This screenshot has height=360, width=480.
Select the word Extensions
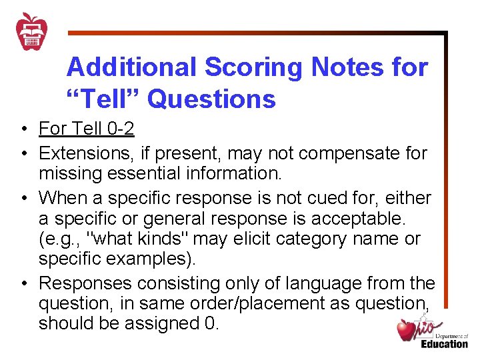[x=83, y=153]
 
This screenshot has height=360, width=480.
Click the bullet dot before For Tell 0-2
[x=23, y=129]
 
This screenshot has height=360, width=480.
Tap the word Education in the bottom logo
[x=444, y=344]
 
